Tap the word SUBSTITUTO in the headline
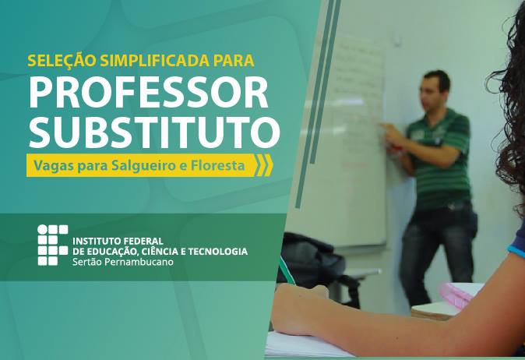coord(154,132)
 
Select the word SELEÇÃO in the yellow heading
coord(62,60)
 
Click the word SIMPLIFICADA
coord(154,61)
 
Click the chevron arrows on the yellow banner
coord(264,165)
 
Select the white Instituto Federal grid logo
coord(52,245)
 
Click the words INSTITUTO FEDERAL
coord(118,241)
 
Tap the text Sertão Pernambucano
coord(123,262)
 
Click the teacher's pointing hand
coord(389,132)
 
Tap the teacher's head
coord(435,90)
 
